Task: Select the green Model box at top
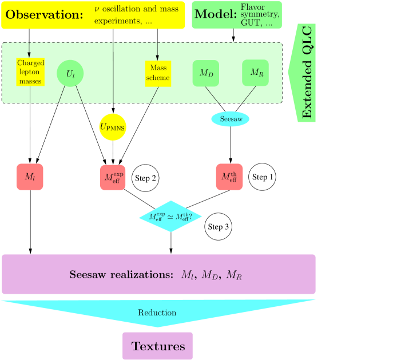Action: (x=236, y=15)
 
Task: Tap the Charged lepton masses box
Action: (x=30, y=73)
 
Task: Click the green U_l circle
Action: (x=70, y=74)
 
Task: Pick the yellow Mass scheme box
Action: (x=158, y=73)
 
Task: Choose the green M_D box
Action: (x=206, y=73)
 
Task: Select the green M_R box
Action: (x=255, y=73)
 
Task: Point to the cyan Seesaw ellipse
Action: (x=231, y=119)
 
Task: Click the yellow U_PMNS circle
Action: (x=112, y=127)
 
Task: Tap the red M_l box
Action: (x=30, y=177)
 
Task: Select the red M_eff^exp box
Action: (x=113, y=177)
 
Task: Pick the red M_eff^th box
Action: (x=229, y=177)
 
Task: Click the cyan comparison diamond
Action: (x=170, y=217)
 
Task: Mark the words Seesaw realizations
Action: (x=121, y=275)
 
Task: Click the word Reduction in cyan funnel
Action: (x=157, y=313)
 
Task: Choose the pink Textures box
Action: (x=158, y=346)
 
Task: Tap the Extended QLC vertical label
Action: (x=307, y=73)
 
